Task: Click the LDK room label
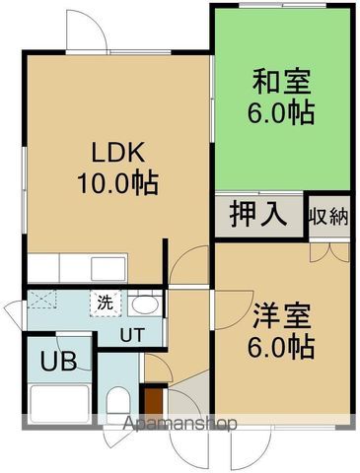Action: pyautogui.click(x=118, y=153)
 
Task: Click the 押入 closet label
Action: pyautogui.click(x=258, y=215)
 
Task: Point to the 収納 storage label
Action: pyautogui.click(x=328, y=216)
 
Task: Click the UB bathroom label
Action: pyautogui.click(x=58, y=361)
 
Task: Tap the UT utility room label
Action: pyautogui.click(x=132, y=335)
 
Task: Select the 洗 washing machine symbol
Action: pyautogui.click(x=106, y=304)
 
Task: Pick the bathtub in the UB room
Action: pyautogui.click(x=60, y=404)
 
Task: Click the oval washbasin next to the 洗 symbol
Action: pyautogui.click(x=143, y=305)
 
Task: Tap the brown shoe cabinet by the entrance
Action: pyautogui.click(x=154, y=402)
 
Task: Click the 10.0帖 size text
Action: pyautogui.click(x=118, y=183)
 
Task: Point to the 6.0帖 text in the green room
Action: pyautogui.click(x=281, y=112)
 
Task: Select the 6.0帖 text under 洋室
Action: pyautogui.click(x=281, y=347)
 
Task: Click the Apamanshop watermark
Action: pyautogui.click(x=180, y=424)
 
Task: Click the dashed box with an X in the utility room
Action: pyautogui.click(x=41, y=300)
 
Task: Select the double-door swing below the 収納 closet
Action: pyautogui.click(x=329, y=252)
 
